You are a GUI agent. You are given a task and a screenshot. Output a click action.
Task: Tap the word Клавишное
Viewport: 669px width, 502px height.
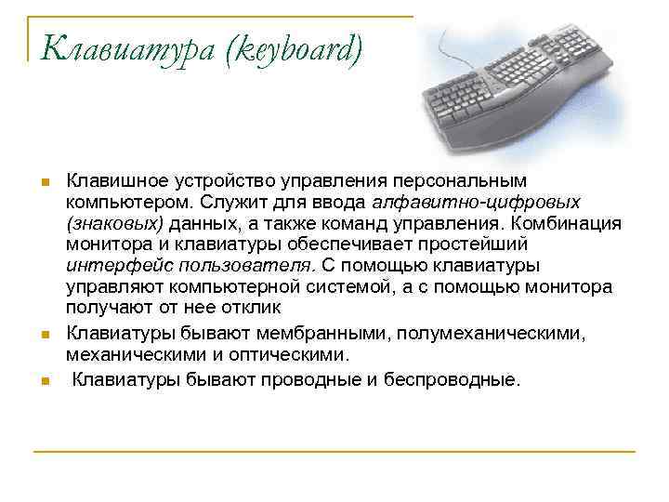(x=113, y=178)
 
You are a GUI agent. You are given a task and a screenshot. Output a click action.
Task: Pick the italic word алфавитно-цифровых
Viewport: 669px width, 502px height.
(x=477, y=200)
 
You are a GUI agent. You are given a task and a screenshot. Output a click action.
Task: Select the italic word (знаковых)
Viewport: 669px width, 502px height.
(x=114, y=222)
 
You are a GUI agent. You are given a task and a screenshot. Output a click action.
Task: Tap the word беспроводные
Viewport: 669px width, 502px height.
(x=454, y=378)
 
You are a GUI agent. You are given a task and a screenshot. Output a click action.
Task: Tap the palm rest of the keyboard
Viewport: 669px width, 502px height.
(x=520, y=139)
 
